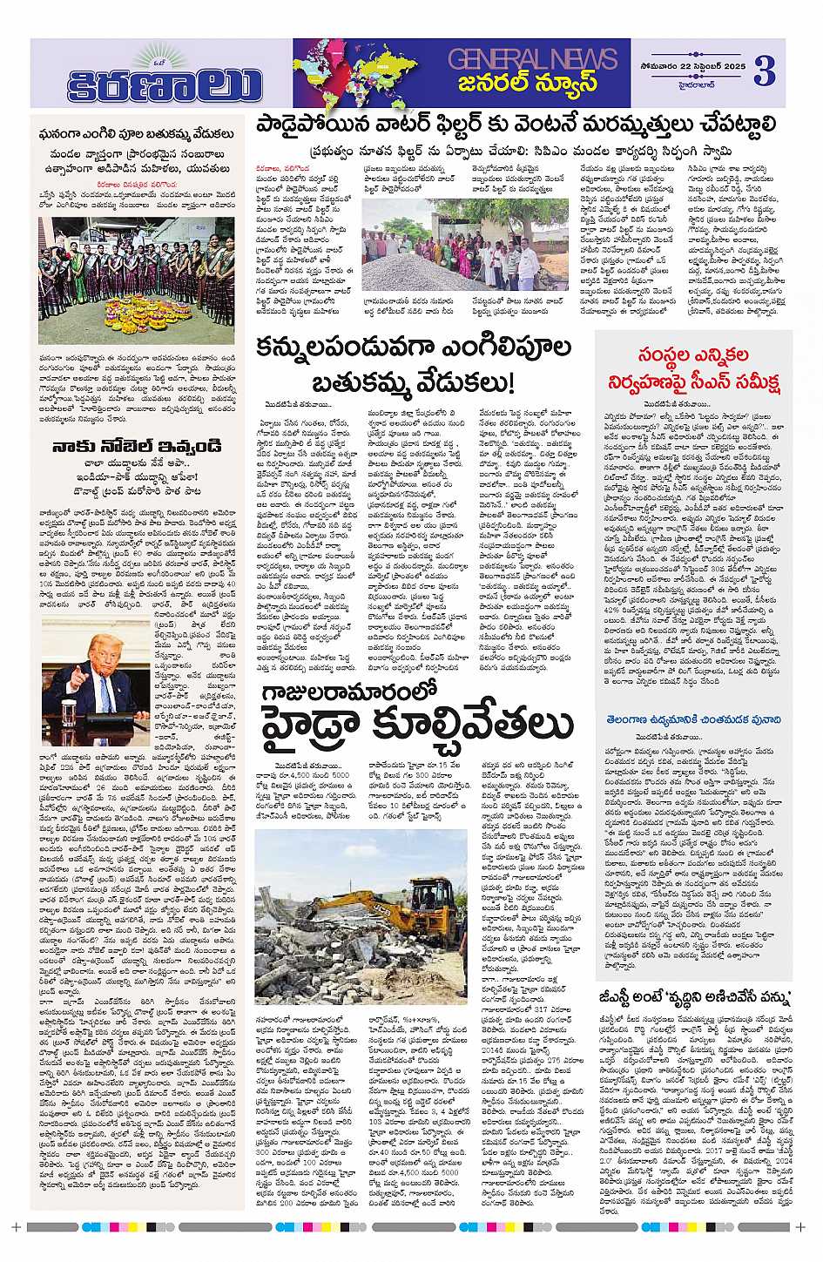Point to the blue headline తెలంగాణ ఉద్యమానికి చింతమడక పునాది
coord(694,720)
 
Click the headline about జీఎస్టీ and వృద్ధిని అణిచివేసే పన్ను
coord(694,997)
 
